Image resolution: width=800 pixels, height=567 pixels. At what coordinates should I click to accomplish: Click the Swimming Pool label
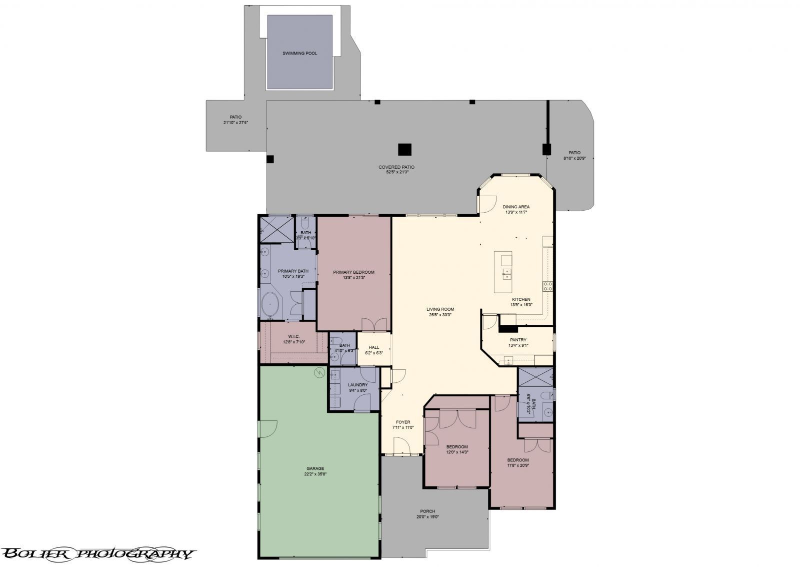299,54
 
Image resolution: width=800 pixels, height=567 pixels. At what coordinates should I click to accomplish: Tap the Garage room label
315,468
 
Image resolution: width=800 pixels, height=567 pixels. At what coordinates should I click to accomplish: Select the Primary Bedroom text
353,272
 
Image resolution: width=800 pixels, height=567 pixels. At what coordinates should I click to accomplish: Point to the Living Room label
440,309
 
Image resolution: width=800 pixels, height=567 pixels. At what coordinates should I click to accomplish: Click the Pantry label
518,340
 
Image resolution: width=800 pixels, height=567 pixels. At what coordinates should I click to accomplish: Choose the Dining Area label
516,207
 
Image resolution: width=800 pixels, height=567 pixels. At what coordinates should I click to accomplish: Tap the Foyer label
402,422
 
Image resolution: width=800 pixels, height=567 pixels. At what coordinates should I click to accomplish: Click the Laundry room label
357,385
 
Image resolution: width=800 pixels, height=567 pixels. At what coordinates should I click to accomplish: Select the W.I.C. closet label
293,336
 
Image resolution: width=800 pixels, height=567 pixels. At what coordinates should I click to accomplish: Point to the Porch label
427,511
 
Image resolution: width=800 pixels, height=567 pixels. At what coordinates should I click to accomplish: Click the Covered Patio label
396,167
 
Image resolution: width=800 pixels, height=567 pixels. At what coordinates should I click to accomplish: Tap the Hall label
374,347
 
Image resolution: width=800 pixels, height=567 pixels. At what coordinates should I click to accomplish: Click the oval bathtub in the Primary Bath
270,305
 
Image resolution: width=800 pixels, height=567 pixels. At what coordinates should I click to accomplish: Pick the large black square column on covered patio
404,150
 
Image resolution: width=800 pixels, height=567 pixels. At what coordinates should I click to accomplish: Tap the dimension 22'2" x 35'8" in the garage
315,474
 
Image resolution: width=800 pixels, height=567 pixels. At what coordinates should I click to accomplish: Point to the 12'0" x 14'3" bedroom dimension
457,452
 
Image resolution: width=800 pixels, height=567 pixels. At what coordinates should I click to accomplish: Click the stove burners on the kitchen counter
548,286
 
